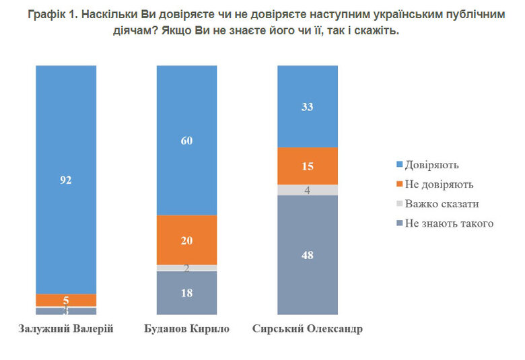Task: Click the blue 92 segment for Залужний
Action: [65, 180]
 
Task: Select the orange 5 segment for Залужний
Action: [65, 300]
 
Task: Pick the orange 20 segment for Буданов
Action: [186, 240]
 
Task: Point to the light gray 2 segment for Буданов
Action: [186, 268]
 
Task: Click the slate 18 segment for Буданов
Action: [186, 293]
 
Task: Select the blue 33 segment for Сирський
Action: [308, 106]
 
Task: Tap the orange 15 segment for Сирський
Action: [308, 166]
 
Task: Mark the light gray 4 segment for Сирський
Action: [308, 190]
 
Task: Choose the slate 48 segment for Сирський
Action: [308, 255]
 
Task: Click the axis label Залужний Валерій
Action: [65, 329]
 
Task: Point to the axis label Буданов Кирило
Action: [186, 329]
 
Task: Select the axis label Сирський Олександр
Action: [308, 329]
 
